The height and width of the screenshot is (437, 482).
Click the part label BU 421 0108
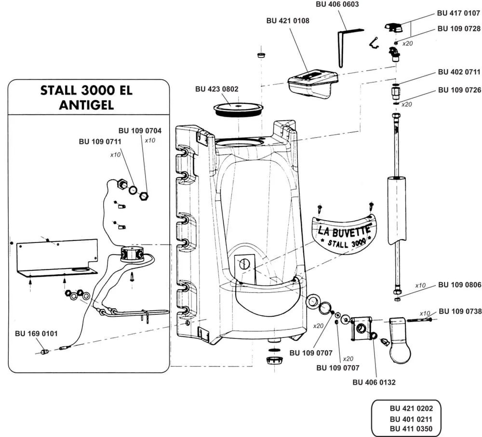288,21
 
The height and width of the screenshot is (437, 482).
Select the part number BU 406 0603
337,4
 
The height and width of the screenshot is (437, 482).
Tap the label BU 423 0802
217,89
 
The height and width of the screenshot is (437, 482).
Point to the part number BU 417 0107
458,13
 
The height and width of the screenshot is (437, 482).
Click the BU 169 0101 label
36,334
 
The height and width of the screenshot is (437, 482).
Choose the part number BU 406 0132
374,382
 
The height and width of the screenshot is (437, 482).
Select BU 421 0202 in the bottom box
411,409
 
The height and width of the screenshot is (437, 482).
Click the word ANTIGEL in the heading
86,105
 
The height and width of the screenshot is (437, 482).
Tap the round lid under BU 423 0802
239,109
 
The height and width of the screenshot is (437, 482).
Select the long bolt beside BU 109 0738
419,320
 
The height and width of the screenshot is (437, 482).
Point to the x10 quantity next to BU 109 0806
420,285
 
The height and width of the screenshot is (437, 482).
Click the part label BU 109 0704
140,130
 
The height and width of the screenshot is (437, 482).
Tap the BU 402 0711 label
459,72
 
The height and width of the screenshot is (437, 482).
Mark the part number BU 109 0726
459,90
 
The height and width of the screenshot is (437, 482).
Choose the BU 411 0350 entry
411,429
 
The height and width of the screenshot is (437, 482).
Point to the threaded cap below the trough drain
274,360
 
